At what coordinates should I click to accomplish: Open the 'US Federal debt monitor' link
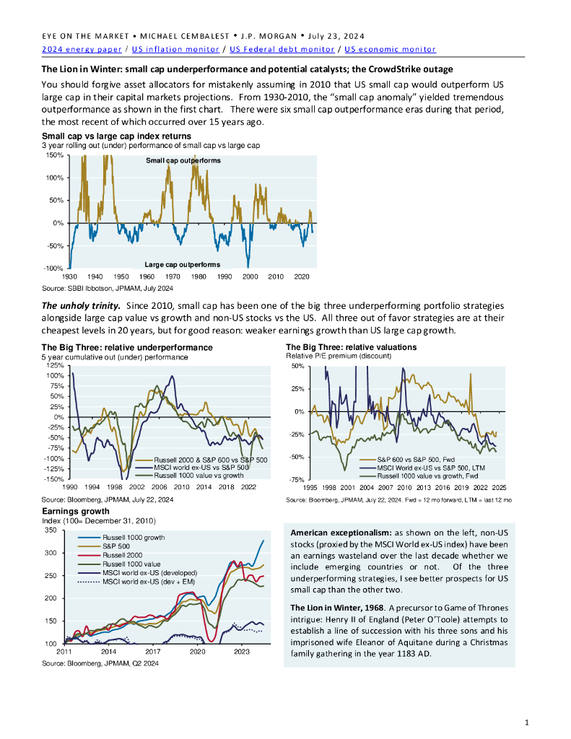click(x=282, y=49)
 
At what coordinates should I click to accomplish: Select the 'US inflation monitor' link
click(x=175, y=49)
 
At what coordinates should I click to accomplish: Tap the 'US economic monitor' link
click(x=391, y=49)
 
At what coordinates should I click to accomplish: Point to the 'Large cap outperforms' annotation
click(x=182, y=265)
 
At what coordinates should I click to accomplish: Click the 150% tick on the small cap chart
click(x=54, y=154)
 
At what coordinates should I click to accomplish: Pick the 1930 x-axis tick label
click(x=70, y=276)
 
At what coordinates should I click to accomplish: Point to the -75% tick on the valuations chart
click(x=296, y=479)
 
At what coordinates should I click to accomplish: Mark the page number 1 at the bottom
click(x=527, y=722)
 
